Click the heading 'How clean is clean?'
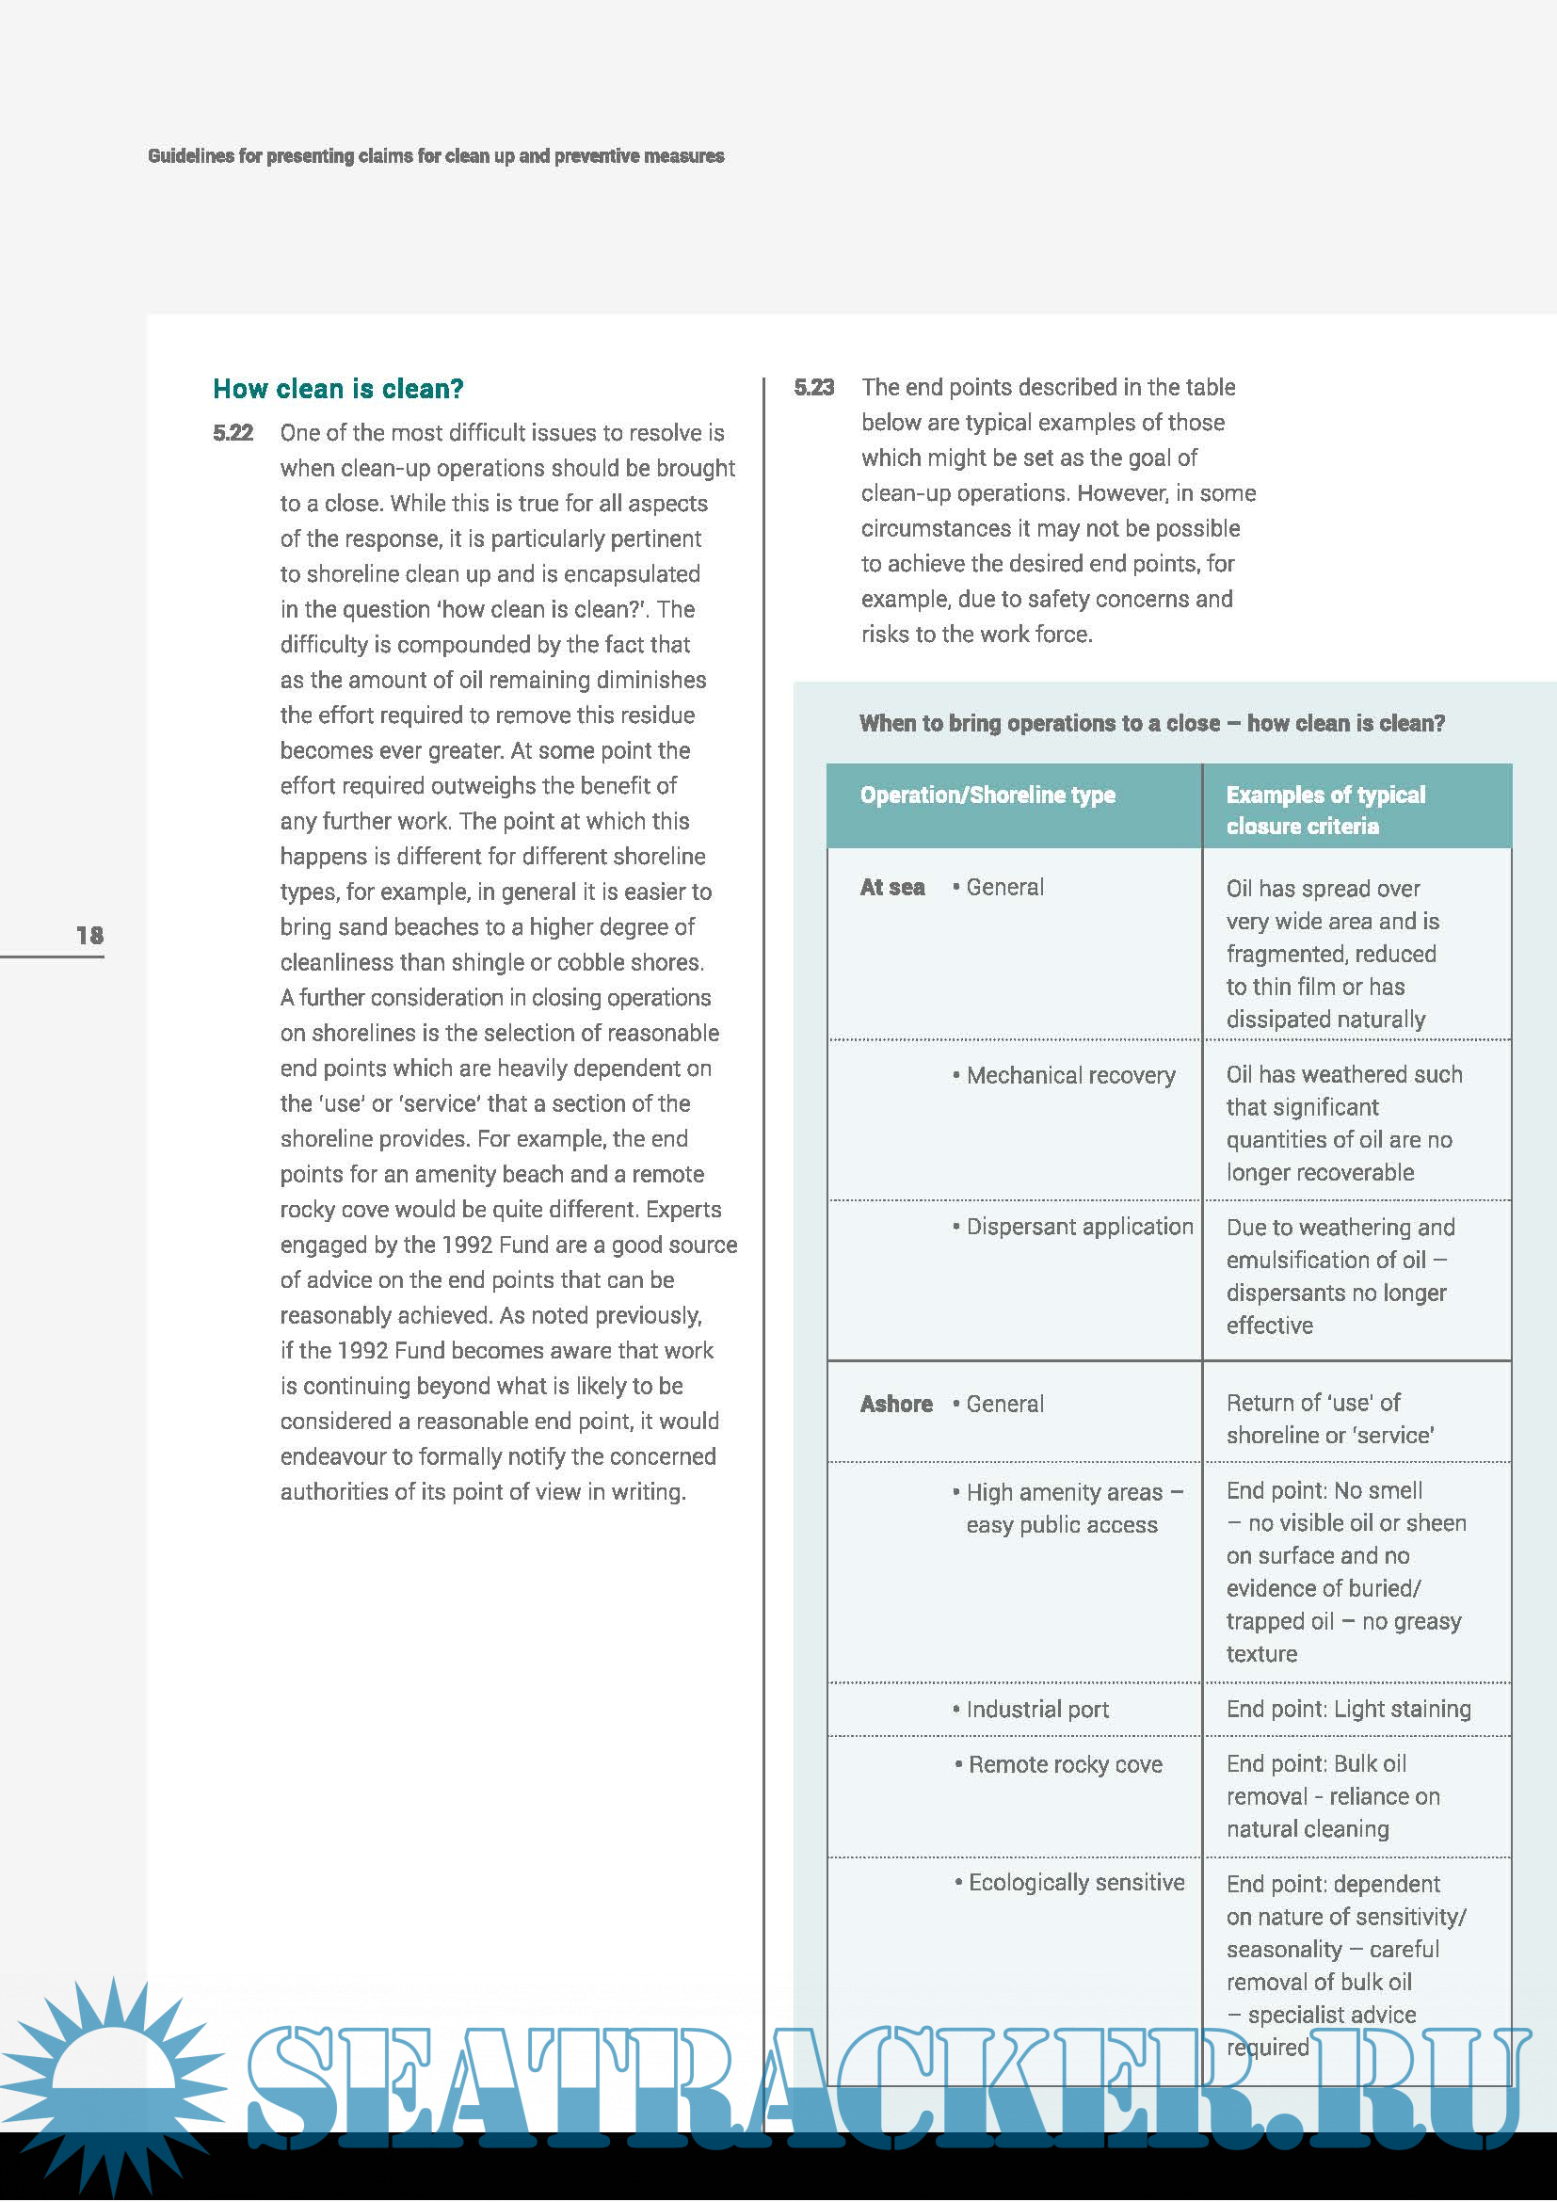[338, 389]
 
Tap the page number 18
[89, 935]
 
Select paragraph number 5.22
[233, 433]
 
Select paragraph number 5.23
[814, 388]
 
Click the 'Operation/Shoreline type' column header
[987, 796]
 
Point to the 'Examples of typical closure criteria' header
[1325, 811]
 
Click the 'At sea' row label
[891, 888]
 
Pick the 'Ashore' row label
[895, 1404]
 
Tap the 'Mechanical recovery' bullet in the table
[1070, 1076]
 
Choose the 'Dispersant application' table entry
[1080, 1227]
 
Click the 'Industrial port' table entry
[1037, 1709]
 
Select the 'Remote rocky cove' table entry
[1065, 1764]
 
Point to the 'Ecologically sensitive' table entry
[1076, 1883]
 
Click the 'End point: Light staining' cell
[1348, 1709]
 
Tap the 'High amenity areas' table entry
[1074, 1508]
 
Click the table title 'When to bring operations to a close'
[1151, 723]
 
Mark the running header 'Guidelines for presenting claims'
[435, 156]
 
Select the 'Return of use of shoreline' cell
[1330, 1420]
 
